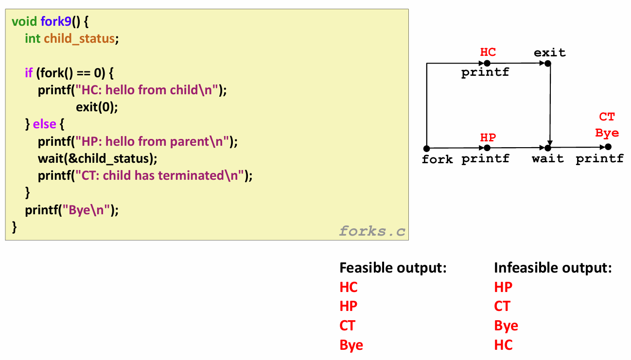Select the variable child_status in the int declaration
click(80, 39)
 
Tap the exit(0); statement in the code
click(97, 107)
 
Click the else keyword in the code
click(45, 124)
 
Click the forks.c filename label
click(372, 231)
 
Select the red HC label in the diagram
click(488, 52)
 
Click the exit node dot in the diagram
click(550, 63)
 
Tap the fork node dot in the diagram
click(426, 148)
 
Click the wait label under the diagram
click(548, 159)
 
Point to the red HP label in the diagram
click(488, 137)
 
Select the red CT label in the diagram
click(607, 117)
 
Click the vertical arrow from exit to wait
click(550, 104)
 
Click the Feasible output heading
click(393, 268)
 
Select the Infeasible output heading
click(553, 268)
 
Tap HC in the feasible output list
click(349, 287)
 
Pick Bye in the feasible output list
click(351, 345)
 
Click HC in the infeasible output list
click(503, 345)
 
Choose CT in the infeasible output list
click(502, 307)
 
